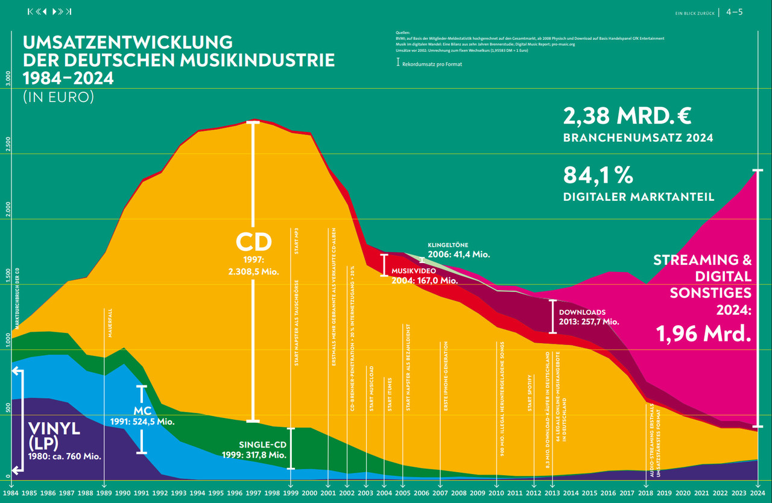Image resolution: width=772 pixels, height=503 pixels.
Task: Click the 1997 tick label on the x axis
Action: (x=253, y=493)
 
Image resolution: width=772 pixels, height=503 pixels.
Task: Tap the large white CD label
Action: (x=253, y=242)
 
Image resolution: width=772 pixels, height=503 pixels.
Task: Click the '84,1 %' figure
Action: (x=598, y=176)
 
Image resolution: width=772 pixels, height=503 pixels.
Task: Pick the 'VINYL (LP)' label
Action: (x=54, y=436)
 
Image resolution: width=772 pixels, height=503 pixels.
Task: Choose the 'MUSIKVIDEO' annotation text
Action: (x=414, y=271)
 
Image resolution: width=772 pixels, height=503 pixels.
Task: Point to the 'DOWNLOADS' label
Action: (x=582, y=312)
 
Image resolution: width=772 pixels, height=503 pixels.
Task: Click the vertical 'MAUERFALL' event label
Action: (x=110, y=323)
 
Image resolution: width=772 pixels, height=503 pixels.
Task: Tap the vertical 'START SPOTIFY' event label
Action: (x=530, y=393)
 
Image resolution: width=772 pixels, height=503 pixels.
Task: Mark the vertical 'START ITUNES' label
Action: (x=390, y=394)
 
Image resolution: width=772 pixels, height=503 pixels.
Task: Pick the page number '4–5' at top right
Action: (x=734, y=11)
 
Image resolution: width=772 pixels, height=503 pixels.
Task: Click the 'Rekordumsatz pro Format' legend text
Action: (x=432, y=64)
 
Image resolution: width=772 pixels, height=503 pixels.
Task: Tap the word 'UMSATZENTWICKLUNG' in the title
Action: (x=127, y=43)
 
